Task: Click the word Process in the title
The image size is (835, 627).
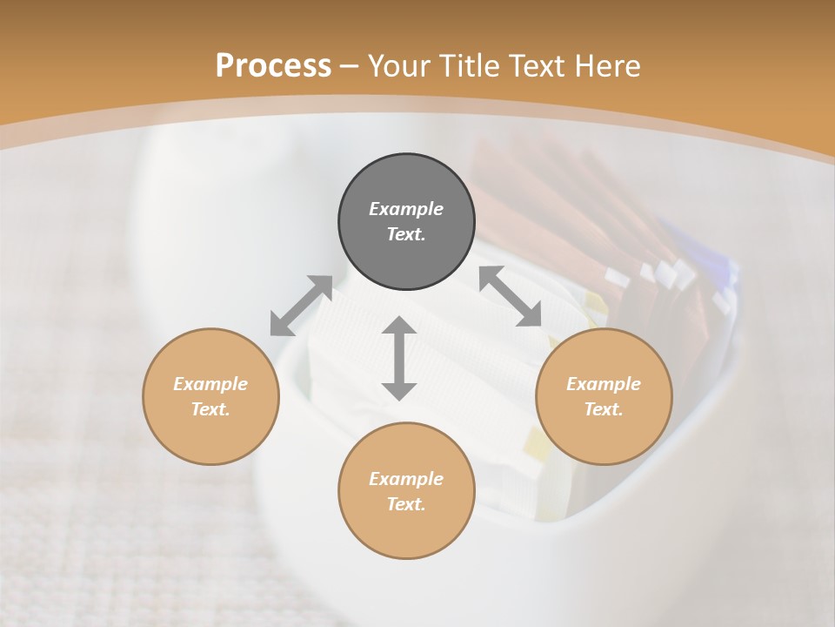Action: pyautogui.click(x=273, y=66)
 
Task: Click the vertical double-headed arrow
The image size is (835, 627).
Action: pyautogui.click(x=399, y=358)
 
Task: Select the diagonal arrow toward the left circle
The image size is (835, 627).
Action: pyautogui.click(x=301, y=305)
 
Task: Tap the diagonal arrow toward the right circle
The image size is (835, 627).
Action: pyautogui.click(x=510, y=296)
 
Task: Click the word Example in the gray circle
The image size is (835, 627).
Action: pyautogui.click(x=406, y=209)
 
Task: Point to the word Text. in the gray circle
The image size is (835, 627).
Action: pyautogui.click(x=406, y=234)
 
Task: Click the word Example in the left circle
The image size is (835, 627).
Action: pyautogui.click(x=210, y=384)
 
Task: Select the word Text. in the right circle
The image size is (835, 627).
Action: pyautogui.click(x=604, y=409)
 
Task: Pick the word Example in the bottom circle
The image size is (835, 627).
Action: pyautogui.click(x=406, y=479)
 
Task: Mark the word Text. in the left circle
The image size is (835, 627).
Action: pyautogui.click(x=210, y=409)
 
